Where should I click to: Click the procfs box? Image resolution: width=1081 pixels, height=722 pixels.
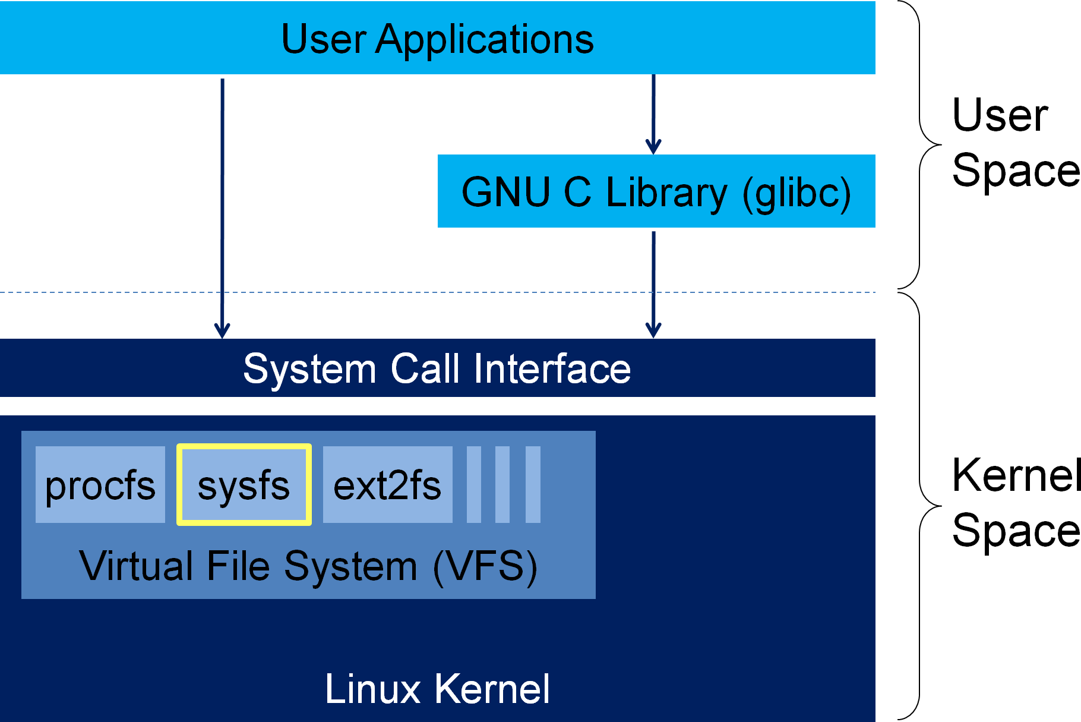100,485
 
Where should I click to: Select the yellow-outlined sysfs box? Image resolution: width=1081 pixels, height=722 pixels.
244,485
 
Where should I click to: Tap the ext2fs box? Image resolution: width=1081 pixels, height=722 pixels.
387,485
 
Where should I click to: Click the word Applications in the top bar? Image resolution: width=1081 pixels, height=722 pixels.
484,40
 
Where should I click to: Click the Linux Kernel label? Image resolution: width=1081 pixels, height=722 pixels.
437,689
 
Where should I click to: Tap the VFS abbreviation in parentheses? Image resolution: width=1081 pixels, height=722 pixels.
485,566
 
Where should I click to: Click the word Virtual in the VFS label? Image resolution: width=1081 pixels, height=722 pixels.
137,566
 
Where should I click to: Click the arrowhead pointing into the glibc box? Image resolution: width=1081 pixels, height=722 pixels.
653,146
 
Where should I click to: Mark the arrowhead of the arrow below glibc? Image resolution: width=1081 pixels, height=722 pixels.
653,330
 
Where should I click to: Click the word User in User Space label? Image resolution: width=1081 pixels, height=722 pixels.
1000,115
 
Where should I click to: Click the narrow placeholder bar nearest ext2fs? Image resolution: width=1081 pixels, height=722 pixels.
474,485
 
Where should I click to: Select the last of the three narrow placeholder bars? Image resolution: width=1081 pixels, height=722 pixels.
533,485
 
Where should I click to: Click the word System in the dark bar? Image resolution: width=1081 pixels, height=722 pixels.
309,369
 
